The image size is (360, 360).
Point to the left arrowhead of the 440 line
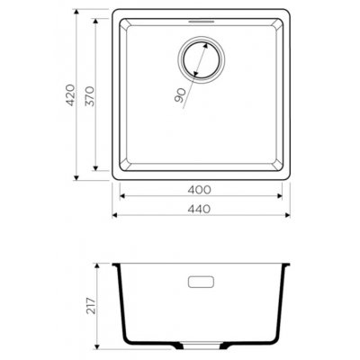(114, 217)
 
